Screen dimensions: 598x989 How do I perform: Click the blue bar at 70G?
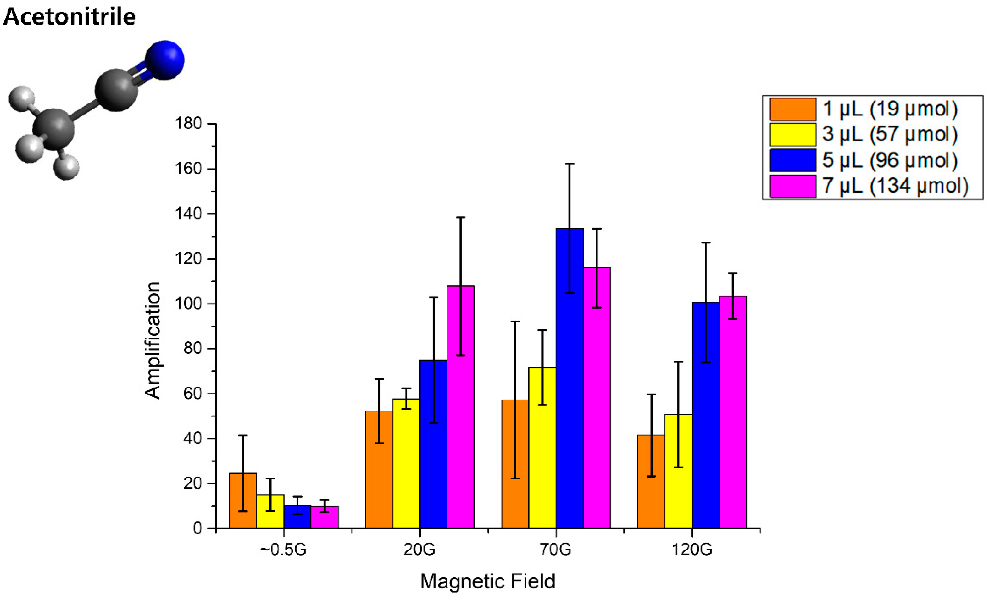tap(570, 378)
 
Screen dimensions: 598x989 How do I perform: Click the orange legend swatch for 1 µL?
tap(793, 109)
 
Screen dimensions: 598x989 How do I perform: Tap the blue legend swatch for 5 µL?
tap(793, 160)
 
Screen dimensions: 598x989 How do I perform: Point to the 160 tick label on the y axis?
tap(188, 168)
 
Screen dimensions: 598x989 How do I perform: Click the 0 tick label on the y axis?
tap(197, 528)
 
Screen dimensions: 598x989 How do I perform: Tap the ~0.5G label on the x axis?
tap(283, 549)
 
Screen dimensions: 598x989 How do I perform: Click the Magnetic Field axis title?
tap(487, 581)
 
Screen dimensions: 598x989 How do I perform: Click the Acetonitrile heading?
tap(69, 17)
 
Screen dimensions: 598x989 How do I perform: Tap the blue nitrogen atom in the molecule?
tap(165, 60)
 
